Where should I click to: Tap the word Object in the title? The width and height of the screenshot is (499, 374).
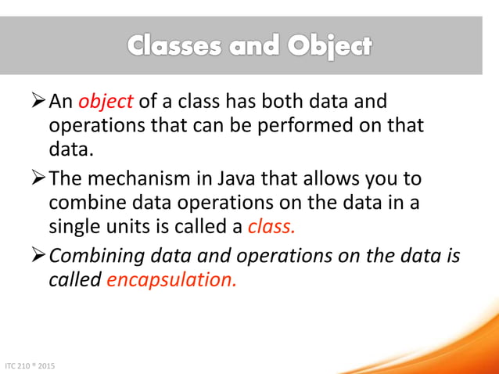(x=329, y=46)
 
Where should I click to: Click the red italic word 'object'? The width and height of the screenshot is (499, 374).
(x=106, y=103)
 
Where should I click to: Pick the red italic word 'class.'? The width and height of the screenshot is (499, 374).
(x=273, y=227)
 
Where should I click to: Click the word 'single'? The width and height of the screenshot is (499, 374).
(x=73, y=227)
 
